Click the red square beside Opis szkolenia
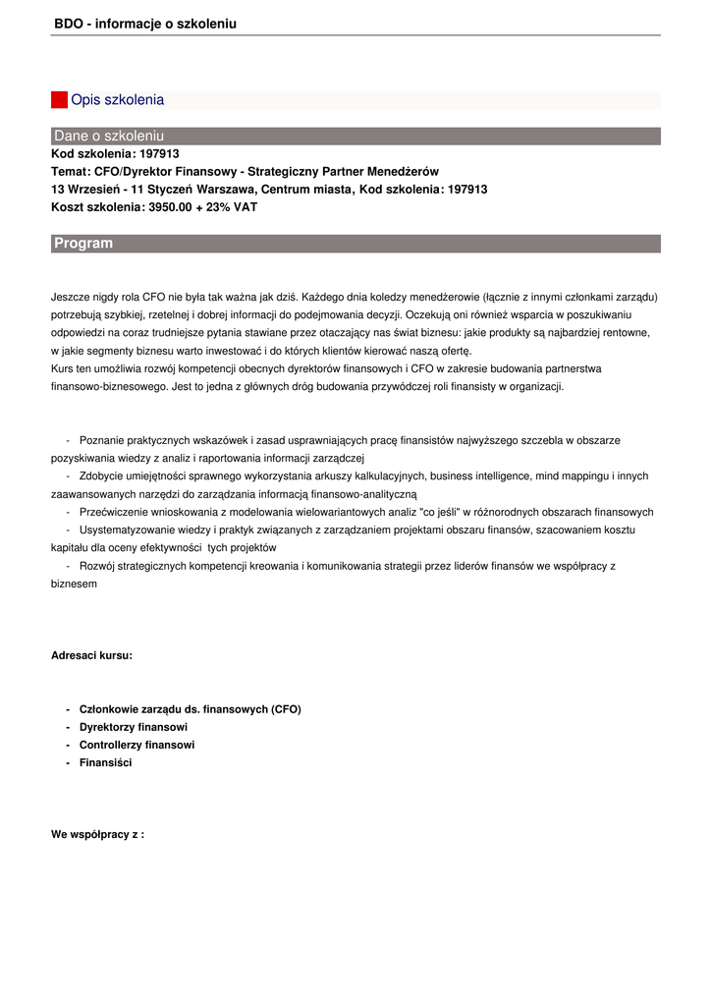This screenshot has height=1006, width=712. [59, 100]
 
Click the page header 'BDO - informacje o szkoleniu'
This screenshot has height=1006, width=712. [145, 24]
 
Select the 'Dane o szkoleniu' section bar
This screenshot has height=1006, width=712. [355, 137]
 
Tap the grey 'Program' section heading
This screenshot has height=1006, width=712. [355, 244]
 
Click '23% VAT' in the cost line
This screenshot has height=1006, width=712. [232, 207]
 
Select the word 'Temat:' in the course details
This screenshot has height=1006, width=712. [70, 172]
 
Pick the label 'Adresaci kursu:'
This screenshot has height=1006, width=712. [91, 655]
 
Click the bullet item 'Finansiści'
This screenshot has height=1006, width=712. [105, 762]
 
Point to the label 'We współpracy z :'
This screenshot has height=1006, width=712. [97, 834]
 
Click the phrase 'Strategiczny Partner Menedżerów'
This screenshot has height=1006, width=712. [343, 172]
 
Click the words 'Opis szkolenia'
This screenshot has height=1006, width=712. [117, 100]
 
